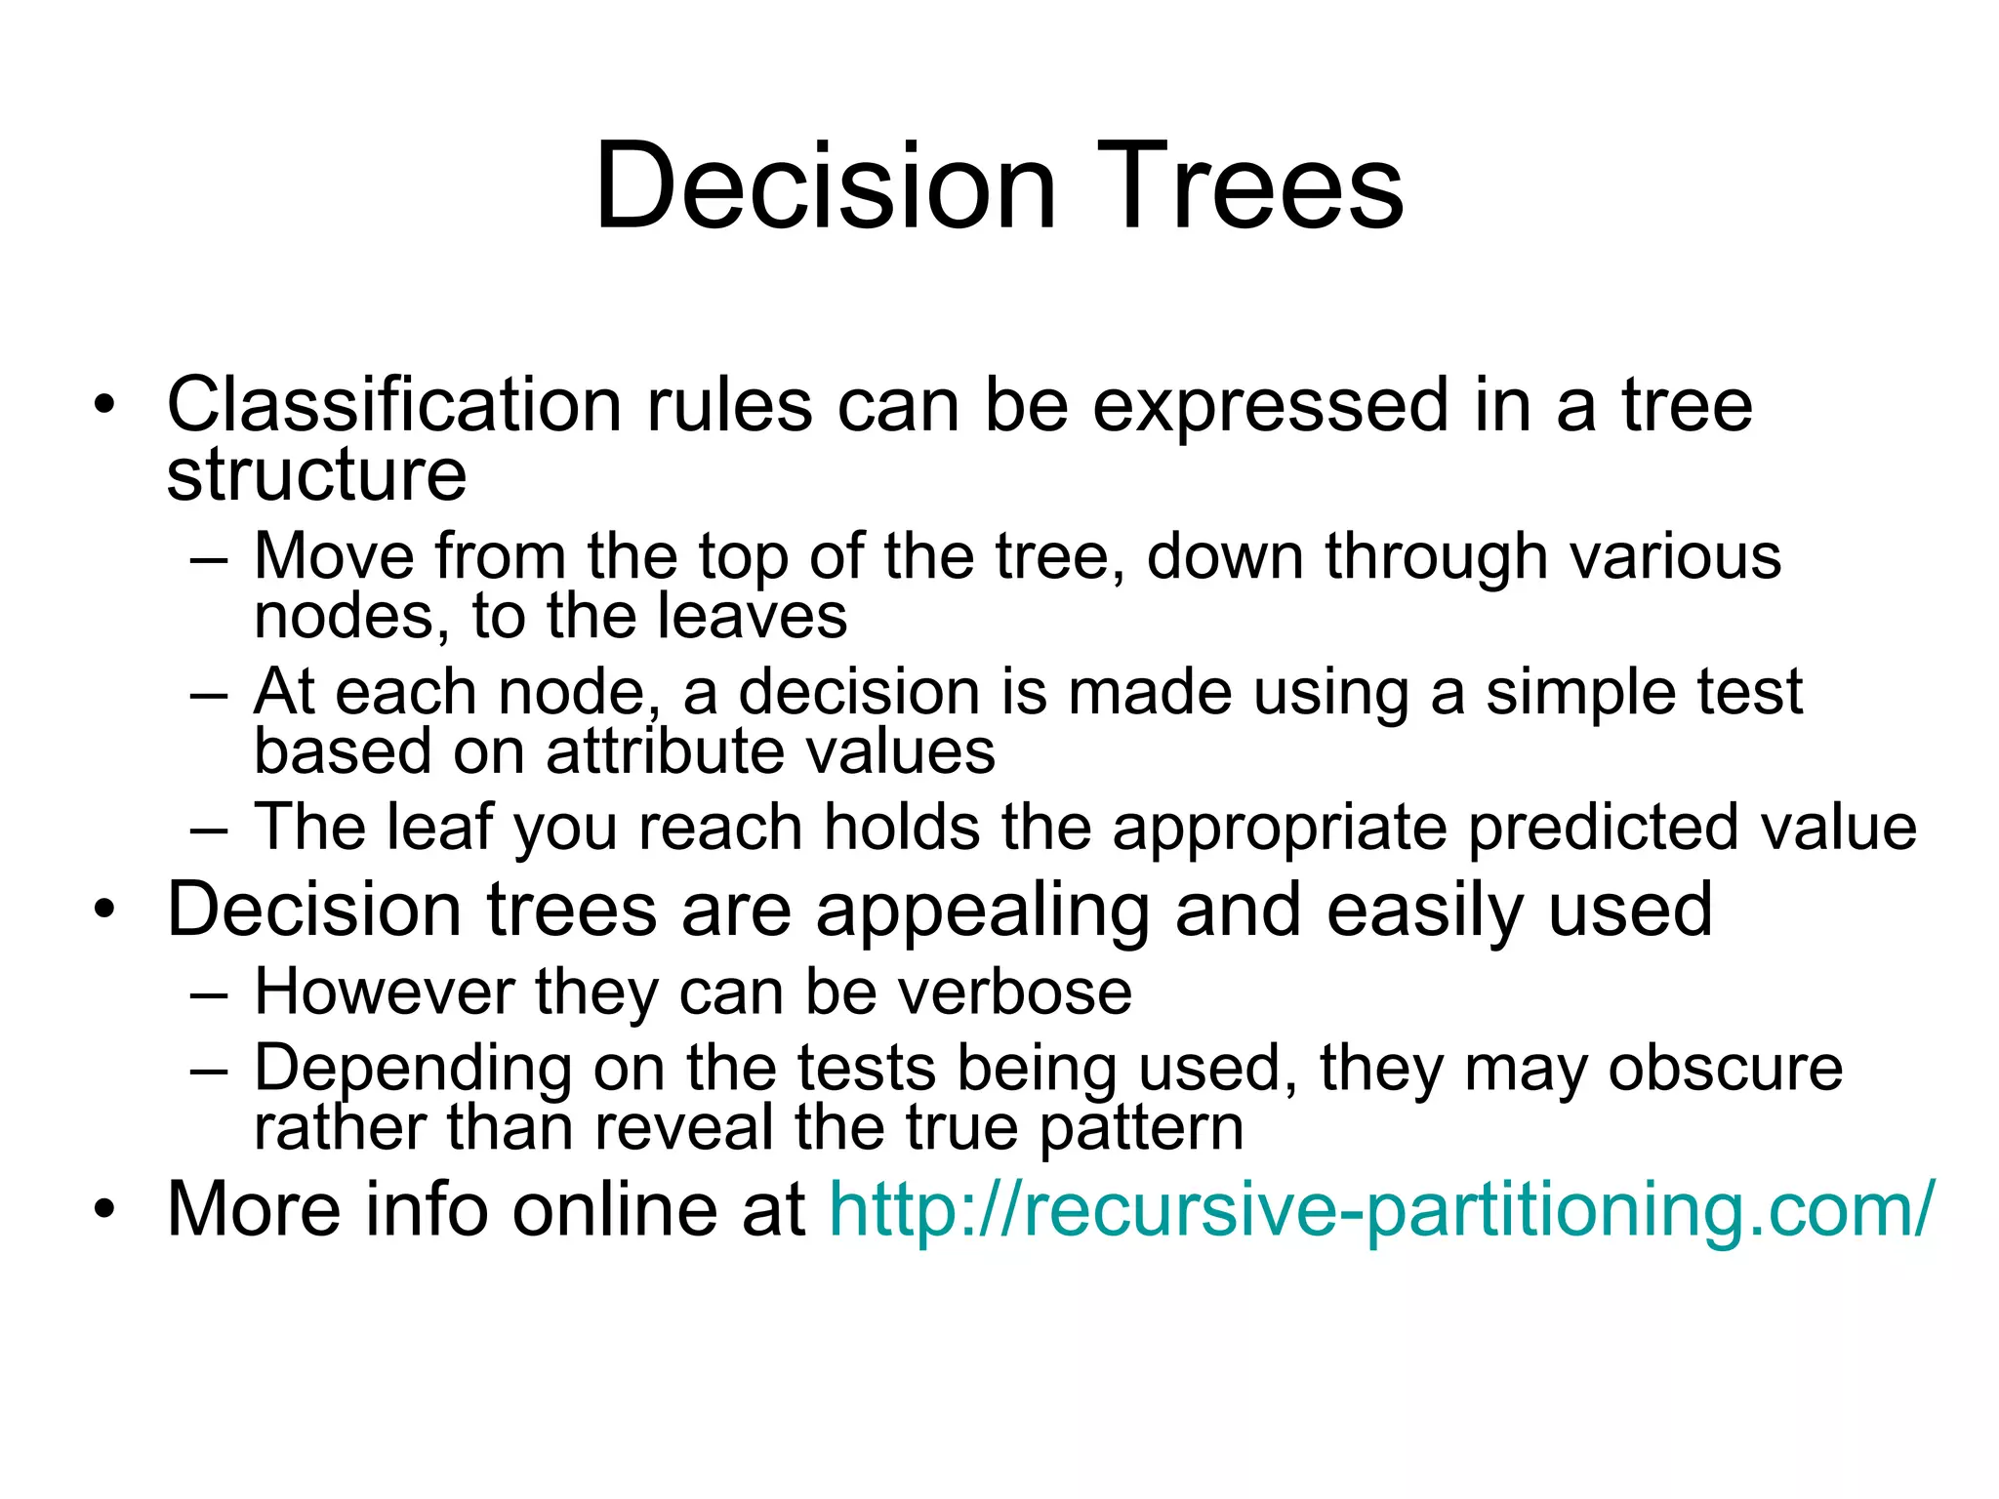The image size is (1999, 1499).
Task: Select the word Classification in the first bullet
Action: (x=393, y=404)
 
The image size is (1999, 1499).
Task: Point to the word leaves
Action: (x=752, y=617)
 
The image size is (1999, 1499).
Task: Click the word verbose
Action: (x=1015, y=992)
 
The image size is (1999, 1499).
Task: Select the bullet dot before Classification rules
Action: (x=104, y=404)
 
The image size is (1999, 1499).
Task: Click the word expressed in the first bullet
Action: (x=1270, y=406)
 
